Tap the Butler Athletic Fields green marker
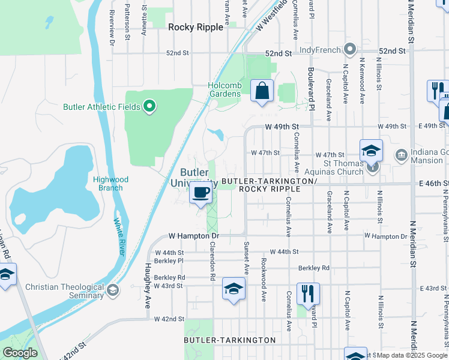150,107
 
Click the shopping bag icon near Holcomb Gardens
262,91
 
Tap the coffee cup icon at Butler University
201,193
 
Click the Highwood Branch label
108,184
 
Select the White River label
118,237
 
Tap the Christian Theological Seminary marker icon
112,291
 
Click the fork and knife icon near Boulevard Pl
308,294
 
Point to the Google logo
20,353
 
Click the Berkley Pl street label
168,261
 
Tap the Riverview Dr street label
112,28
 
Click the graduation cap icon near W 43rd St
234,289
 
